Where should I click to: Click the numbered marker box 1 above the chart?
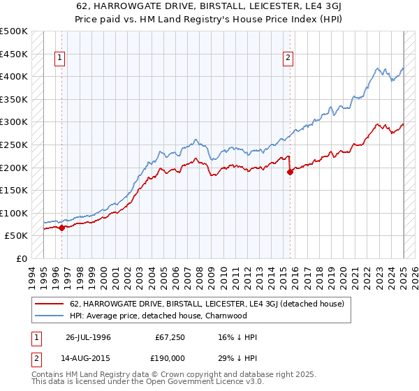(61, 59)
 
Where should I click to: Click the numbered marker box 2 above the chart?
(288, 59)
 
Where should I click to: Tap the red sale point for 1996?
(61, 227)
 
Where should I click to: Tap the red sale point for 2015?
(290, 172)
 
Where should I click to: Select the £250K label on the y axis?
(14, 145)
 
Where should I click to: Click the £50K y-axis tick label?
(17, 236)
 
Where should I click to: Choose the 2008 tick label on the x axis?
(202, 276)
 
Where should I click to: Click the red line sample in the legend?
(49, 304)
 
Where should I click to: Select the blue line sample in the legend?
(49, 315)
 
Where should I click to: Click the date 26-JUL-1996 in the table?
(89, 337)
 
